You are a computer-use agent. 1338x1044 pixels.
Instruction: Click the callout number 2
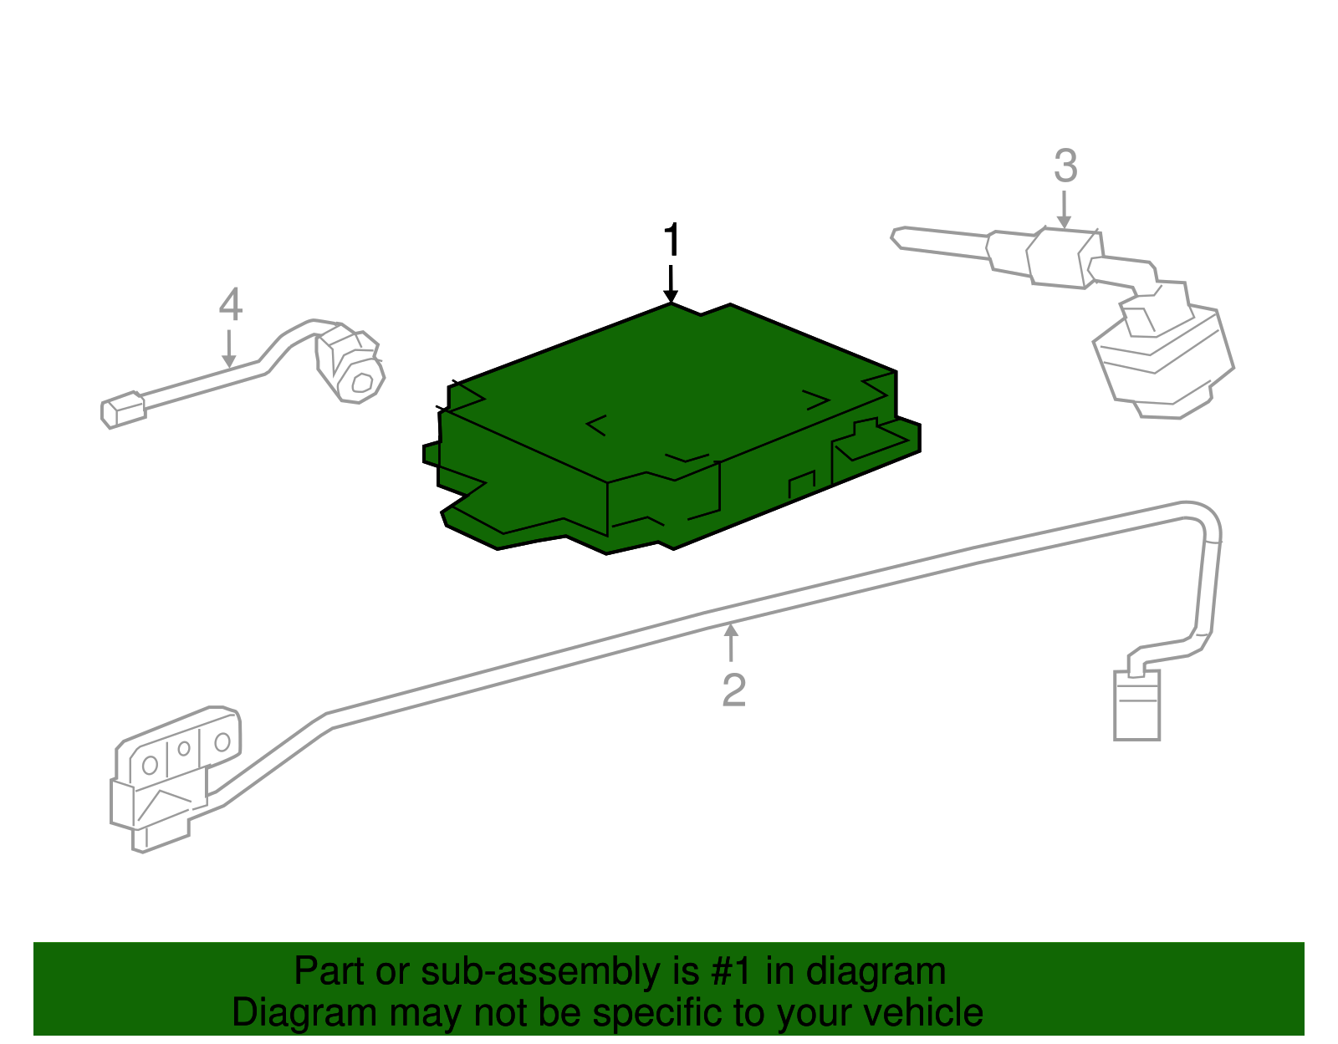tap(733, 690)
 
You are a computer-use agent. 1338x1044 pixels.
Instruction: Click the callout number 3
tap(1065, 166)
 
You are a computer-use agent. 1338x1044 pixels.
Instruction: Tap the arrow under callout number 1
tap(671, 284)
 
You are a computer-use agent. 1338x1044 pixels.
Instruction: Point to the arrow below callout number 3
tap(1064, 210)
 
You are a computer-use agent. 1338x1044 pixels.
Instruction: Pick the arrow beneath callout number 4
tap(229, 349)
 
